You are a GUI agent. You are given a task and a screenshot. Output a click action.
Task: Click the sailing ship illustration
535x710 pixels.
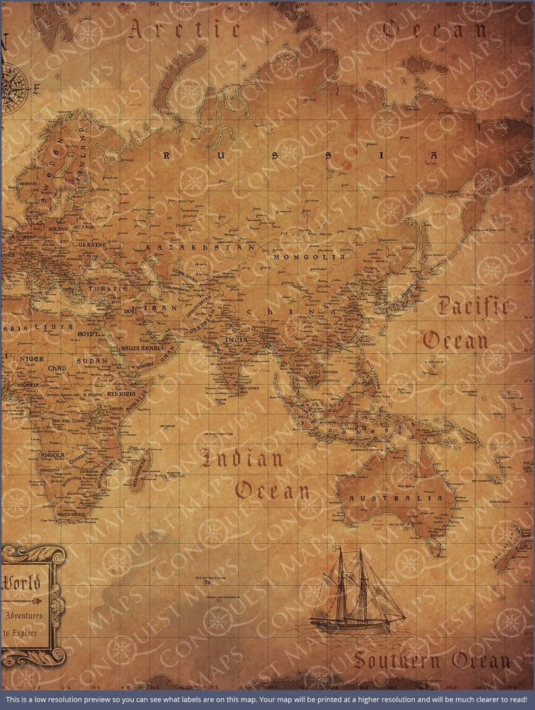point(357,593)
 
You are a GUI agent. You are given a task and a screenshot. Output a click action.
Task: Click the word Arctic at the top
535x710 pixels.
point(185,30)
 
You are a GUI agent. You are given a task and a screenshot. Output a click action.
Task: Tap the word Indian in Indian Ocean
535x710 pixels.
point(241,458)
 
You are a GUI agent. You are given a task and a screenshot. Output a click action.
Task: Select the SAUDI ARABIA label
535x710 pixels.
point(142,348)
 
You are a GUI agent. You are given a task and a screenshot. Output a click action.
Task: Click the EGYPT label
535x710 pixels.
point(88,334)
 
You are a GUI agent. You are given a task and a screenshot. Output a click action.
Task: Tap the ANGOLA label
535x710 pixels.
point(53,456)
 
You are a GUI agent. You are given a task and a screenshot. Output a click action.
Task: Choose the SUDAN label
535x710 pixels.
point(92,361)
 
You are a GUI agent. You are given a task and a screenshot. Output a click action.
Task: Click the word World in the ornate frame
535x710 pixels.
point(24,582)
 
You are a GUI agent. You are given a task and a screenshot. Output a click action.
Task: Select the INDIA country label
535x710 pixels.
point(236,340)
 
